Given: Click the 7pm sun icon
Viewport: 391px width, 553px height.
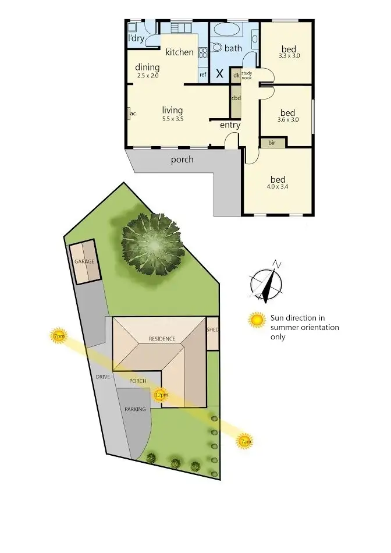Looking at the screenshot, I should click(58, 336).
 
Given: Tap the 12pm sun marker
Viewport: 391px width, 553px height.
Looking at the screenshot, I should click(161, 395).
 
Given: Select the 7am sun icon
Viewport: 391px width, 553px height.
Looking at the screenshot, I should click(246, 442).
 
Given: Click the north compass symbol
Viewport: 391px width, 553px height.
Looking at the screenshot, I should click(267, 284).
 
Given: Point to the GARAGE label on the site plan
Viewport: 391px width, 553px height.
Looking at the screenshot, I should click(84, 261).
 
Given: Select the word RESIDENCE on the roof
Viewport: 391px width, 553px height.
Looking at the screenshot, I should click(161, 338).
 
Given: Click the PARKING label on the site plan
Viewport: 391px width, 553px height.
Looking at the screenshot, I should click(135, 409).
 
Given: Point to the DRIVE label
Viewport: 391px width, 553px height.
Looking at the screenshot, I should click(103, 377).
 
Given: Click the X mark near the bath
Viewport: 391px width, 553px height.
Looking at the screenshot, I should click(219, 74).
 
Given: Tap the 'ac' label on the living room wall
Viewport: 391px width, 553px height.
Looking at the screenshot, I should click(133, 113).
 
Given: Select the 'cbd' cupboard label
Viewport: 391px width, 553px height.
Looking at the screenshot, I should click(236, 98).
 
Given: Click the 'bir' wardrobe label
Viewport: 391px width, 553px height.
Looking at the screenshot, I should click(272, 142).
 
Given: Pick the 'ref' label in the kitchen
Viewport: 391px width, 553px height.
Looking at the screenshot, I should click(203, 75).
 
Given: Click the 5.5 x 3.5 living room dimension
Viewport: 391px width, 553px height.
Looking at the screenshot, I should click(172, 119).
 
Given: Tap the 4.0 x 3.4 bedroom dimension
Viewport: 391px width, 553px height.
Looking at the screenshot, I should click(279, 187).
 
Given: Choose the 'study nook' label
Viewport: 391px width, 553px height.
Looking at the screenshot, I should click(247, 75).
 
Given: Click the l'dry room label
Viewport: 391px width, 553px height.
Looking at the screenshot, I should click(136, 38).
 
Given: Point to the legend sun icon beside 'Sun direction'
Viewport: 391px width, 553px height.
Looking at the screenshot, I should click(257, 320).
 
